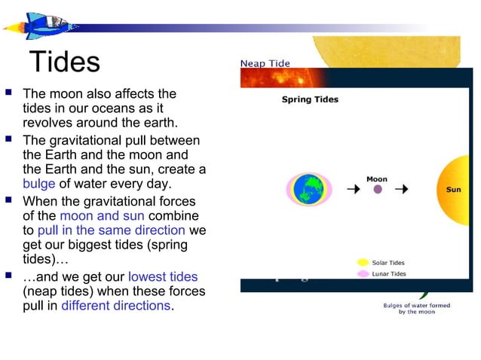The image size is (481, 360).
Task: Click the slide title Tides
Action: coord(64,62)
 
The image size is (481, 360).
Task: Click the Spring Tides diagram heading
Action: coord(310,99)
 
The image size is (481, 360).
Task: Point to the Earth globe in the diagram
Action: coord(307,189)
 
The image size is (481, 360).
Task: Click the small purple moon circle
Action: coord(378,190)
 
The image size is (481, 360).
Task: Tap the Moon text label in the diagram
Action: coord(377,178)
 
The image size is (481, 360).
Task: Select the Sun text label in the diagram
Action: coord(453,190)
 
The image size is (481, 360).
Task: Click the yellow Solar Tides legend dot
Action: coord(363,263)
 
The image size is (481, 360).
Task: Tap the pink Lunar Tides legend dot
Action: coord(363,273)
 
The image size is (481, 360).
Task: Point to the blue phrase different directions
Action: coord(115,306)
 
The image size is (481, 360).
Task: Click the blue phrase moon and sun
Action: coord(102,216)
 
